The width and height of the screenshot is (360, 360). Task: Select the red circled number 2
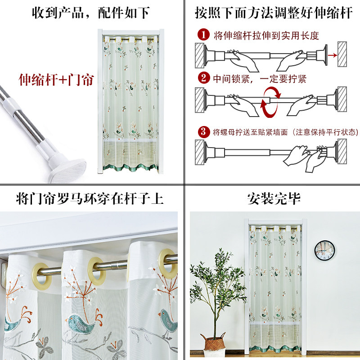click(x=205, y=79)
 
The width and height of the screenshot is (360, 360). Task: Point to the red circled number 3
click(x=205, y=132)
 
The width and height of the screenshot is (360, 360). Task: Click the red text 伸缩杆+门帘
click(x=56, y=80)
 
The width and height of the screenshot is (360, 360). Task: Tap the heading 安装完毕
click(x=274, y=198)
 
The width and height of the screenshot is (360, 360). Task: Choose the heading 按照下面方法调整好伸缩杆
click(x=274, y=13)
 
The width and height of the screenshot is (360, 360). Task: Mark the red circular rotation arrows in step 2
click(x=271, y=101)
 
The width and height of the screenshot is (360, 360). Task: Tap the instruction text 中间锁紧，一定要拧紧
click(x=260, y=79)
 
